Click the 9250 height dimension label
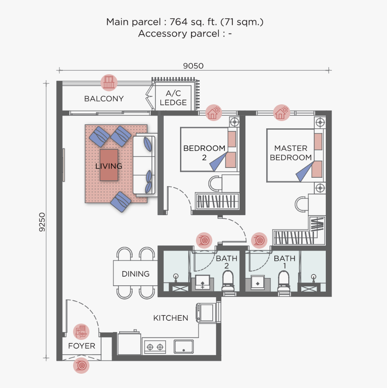tap(42, 222)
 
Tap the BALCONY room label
tap(104, 99)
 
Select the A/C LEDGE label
tap(173, 98)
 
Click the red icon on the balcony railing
tap(109, 83)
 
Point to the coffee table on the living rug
tap(109, 165)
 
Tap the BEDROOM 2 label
tap(204, 152)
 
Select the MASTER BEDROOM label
tap(291, 153)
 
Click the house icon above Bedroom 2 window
tap(213, 112)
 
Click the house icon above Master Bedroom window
tap(281, 112)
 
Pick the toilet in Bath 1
tap(284, 281)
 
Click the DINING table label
tap(136, 274)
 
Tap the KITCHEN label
tap(171, 318)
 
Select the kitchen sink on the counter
tap(184, 346)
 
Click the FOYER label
tap(82, 346)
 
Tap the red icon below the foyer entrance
tap(81, 365)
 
